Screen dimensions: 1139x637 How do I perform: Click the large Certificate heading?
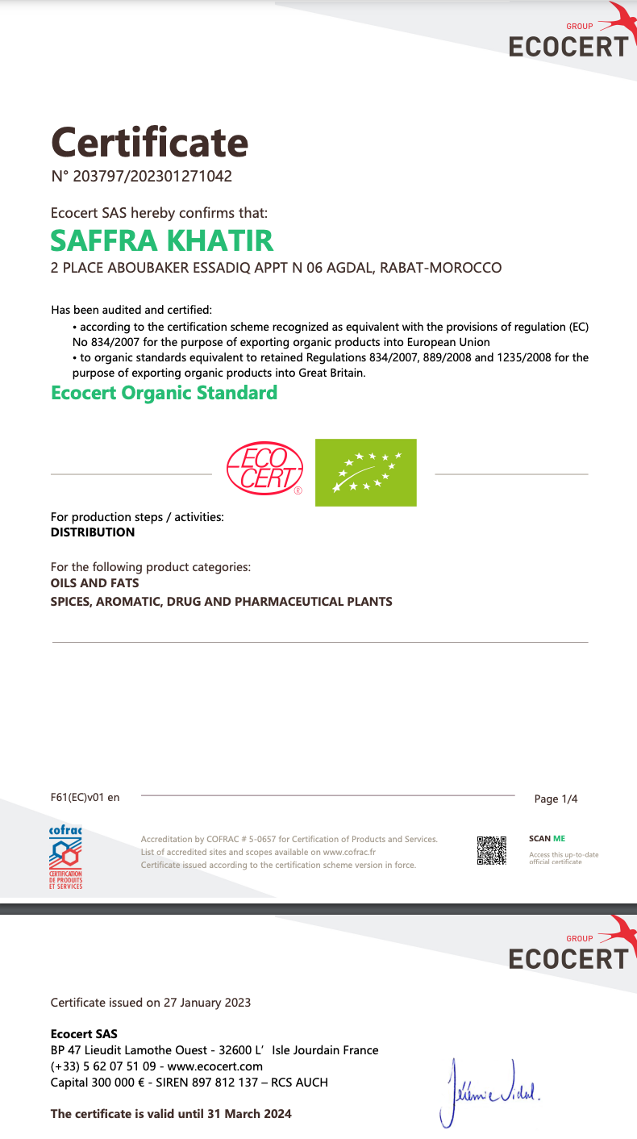click(150, 143)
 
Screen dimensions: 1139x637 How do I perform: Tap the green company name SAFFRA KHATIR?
click(162, 240)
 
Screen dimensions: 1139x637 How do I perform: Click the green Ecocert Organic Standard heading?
click(164, 393)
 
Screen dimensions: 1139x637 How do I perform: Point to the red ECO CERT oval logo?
click(264, 468)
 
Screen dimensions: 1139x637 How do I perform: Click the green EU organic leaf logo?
click(365, 472)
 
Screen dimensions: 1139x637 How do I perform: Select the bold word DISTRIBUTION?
click(93, 532)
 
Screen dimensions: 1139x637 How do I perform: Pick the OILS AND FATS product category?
click(94, 582)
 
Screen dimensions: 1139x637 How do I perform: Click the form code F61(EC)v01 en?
click(85, 798)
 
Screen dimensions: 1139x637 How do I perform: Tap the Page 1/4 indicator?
click(556, 799)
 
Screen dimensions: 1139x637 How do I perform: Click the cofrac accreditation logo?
click(66, 857)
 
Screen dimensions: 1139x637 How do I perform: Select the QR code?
click(491, 850)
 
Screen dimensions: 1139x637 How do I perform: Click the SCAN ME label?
click(547, 839)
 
